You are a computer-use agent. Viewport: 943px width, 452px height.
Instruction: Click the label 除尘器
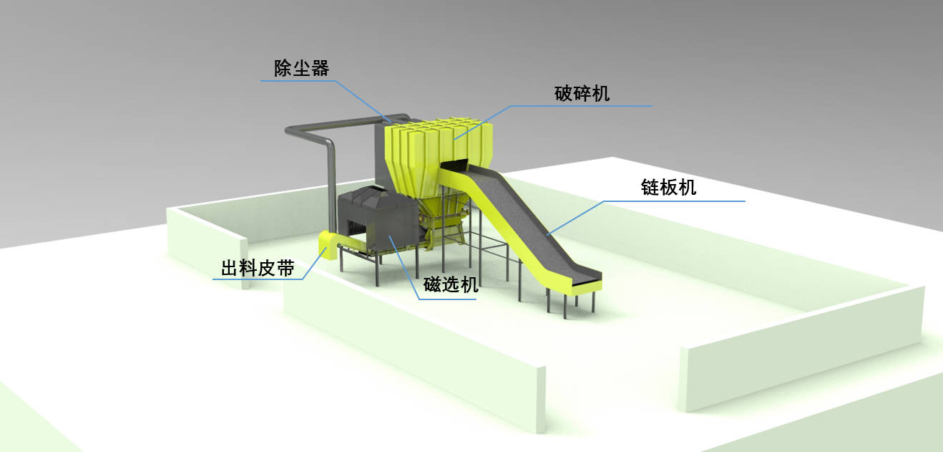tap(301, 68)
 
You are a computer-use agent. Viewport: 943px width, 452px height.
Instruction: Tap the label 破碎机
tap(582, 93)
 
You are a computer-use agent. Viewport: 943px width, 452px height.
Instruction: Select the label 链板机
tap(668, 188)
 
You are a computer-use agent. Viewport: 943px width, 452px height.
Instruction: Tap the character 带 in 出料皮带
tap(284, 269)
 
